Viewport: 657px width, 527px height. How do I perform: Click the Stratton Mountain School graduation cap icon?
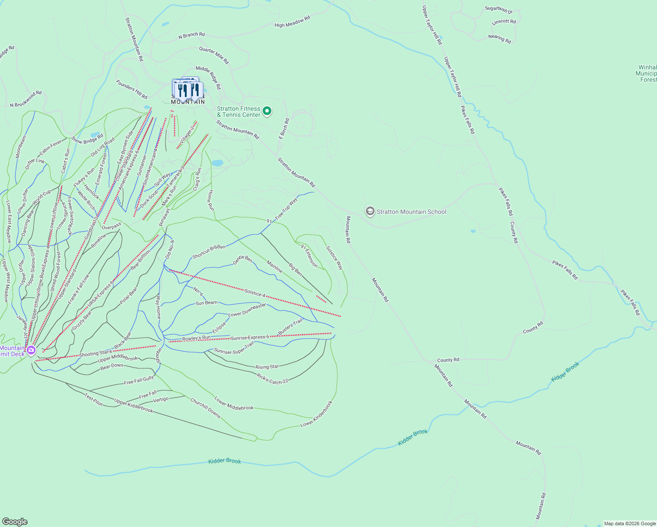[370, 212]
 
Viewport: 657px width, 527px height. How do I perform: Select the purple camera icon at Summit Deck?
[31, 350]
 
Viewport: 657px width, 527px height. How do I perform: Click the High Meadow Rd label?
[292, 22]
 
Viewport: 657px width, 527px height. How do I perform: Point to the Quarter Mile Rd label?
[214, 56]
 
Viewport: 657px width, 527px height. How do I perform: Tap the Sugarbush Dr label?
[498, 10]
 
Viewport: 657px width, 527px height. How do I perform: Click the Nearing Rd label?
[500, 39]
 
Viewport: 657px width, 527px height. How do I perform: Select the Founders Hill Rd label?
[132, 89]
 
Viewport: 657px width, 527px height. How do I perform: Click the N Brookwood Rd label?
[26, 99]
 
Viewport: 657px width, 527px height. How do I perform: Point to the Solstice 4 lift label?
[255, 292]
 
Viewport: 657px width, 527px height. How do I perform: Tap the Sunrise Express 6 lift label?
[250, 338]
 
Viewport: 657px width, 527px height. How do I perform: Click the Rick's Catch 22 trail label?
[272, 379]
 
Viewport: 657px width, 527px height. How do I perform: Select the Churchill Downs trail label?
[205, 408]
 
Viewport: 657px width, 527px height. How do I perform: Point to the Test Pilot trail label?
[94, 400]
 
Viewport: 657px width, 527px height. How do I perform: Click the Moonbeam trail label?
[21, 146]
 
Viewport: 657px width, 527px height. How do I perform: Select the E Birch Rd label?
[284, 129]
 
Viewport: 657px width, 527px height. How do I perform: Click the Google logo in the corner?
[15, 522]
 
